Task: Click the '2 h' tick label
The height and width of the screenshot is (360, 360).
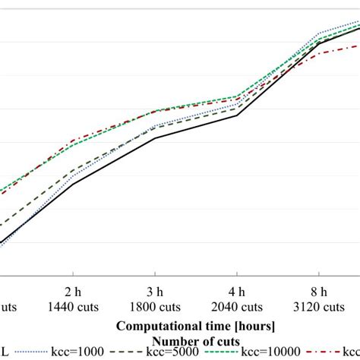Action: (72, 292)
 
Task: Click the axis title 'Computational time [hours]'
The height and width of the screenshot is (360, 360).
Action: (196, 325)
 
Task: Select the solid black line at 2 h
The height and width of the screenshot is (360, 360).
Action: (72, 184)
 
